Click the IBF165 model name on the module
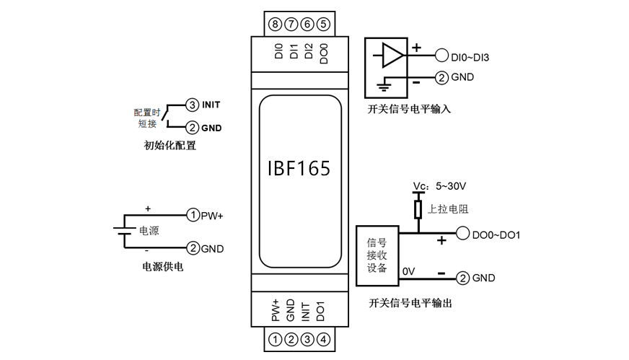(x=299, y=169)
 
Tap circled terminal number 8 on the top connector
(x=274, y=24)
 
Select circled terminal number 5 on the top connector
(x=324, y=24)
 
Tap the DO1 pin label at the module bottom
(x=322, y=310)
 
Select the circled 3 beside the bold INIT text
(x=192, y=105)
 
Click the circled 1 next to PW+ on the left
(x=193, y=215)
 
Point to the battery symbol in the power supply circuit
(x=124, y=231)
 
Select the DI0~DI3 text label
(x=470, y=56)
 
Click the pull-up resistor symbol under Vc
(x=417, y=210)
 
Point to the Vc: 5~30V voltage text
(x=440, y=185)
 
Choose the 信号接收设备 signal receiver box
(x=377, y=256)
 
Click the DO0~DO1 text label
(x=496, y=234)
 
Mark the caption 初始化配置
(x=170, y=145)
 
